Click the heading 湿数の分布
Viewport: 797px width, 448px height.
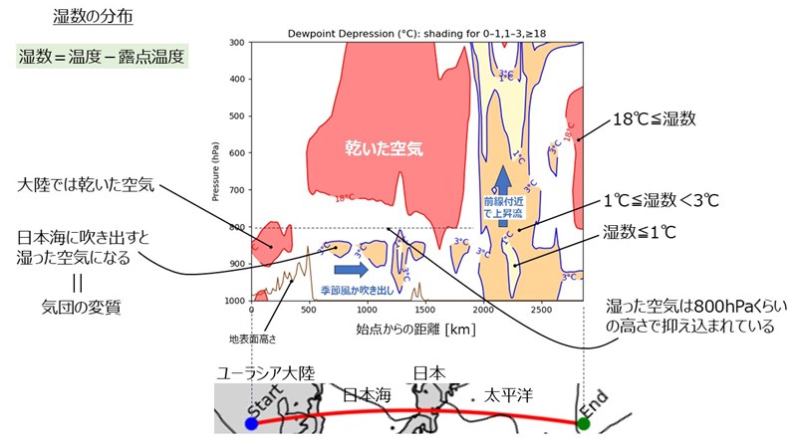[88, 17]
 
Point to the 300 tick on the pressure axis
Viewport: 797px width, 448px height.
[238, 43]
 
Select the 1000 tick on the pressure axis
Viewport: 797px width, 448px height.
[236, 300]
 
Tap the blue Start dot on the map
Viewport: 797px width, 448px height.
[251, 423]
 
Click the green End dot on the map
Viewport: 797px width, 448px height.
[584, 423]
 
